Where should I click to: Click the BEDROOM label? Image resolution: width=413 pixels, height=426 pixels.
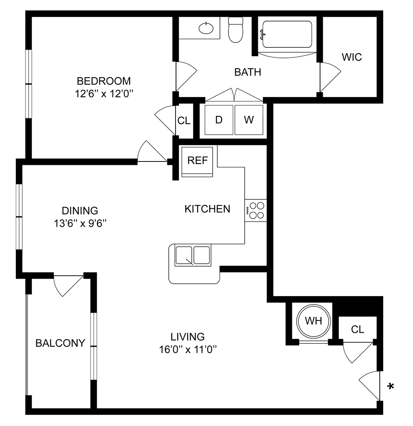click(x=104, y=81)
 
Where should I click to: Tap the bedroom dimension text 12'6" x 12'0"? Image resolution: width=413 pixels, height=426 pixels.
click(x=104, y=93)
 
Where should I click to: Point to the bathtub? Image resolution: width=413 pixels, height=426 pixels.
click(x=287, y=34)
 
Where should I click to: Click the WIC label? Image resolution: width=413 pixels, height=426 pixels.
click(x=352, y=57)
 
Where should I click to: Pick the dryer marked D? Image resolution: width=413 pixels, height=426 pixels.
click(x=219, y=120)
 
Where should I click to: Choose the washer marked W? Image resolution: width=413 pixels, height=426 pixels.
click(x=249, y=120)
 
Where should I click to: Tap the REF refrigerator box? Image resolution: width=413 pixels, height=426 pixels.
click(x=197, y=161)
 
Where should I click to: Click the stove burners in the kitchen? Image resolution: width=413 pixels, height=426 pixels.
click(x=256, y=210)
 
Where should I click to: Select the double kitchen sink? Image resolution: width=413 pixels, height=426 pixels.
click(x=193, y=256)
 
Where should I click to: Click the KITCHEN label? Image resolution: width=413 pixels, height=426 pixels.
click(x=207, y=209)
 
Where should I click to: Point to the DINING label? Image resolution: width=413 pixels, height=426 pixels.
click(x=80, y=210)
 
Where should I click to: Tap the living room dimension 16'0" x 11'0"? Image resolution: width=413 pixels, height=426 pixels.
click(x=188, y=350)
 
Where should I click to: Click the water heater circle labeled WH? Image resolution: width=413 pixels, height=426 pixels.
click(x=315, y=321)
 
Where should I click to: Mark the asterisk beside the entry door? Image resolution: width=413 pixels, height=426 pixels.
click(x=390, y=387)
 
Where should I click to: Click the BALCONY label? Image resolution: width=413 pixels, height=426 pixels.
click(x=60, y=343)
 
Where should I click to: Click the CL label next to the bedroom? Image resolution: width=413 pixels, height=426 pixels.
click(x=184, y=121)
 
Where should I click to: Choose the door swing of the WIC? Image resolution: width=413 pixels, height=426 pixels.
click(x=329, y=77)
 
